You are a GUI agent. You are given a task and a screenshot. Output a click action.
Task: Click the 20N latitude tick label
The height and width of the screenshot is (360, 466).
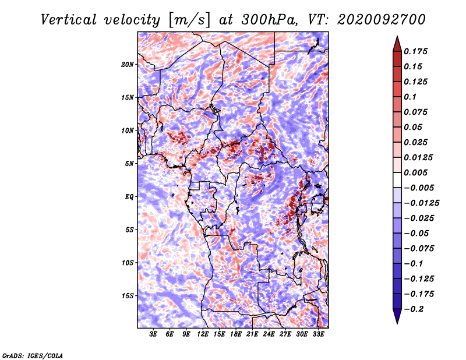[128, 65]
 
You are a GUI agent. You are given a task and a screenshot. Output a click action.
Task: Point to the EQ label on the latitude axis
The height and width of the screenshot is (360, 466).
[129, 197]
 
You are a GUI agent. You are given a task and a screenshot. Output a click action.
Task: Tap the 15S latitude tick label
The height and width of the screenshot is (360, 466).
[128, 296]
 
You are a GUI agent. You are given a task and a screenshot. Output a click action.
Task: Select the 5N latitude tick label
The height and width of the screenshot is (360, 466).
[129, 164]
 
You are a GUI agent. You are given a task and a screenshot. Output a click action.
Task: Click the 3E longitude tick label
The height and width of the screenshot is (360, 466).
[153, 334]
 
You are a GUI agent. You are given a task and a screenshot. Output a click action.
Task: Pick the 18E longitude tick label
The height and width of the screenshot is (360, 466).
[236, 334]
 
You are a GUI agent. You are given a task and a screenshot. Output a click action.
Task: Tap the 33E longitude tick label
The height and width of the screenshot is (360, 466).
[318, 334]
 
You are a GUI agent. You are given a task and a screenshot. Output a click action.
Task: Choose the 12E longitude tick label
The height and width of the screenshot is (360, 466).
[202, 334]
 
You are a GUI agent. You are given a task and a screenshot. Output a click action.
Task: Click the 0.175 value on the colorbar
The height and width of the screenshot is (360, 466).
[415, 51]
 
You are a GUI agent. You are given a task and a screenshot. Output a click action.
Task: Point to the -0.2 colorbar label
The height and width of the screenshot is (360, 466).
[414, 309]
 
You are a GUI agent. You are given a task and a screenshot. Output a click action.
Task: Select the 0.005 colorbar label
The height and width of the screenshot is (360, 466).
[415, 172]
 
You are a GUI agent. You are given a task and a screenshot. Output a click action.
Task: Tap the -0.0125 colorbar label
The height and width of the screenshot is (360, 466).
[421, 203]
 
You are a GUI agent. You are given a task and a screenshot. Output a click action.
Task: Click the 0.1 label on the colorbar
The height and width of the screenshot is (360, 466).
[410, 97]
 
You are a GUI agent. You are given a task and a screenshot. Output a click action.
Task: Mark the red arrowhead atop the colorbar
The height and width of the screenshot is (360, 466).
[397, 44]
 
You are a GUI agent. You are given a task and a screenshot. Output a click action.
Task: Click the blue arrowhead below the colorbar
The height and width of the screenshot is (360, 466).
[397, 316]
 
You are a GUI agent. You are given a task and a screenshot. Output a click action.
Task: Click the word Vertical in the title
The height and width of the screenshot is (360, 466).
[69, 20]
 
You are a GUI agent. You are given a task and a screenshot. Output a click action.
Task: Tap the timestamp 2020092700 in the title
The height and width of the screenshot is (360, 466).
[382, 20]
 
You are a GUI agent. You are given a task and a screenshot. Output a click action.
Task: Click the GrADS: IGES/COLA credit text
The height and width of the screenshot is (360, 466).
[33, 355]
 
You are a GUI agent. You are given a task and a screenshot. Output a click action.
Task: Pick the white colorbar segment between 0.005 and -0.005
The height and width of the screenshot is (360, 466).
[397, 180]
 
